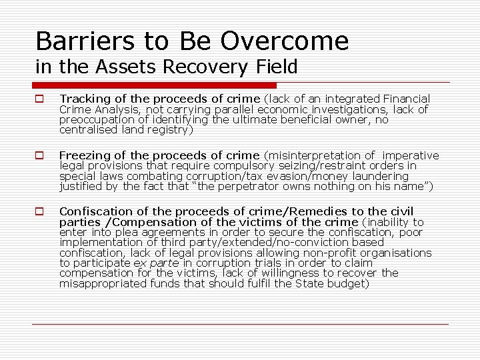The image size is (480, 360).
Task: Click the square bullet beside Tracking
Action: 40,99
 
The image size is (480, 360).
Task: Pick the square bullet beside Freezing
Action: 40,156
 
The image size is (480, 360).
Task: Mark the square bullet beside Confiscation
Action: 40,212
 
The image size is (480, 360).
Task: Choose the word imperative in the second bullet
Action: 410,156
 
